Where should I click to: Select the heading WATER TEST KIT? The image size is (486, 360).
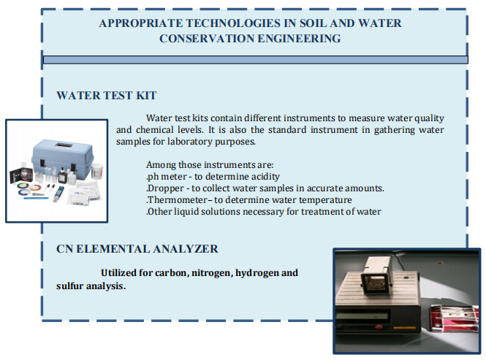tap(107, 96)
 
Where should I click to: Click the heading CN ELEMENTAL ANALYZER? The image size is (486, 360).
tap(137, 249)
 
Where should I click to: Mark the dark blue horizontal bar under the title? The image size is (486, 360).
tap(255, 60)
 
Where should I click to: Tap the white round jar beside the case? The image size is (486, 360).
tap(96, 171)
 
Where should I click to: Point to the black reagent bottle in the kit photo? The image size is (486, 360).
tap(63, 177)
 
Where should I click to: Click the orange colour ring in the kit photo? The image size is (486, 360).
tap(35, 188)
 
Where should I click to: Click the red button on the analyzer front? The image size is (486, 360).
tap(378, 327)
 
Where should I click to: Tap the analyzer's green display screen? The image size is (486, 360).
tap(362, 317)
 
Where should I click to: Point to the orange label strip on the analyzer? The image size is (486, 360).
tap(404, 327)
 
